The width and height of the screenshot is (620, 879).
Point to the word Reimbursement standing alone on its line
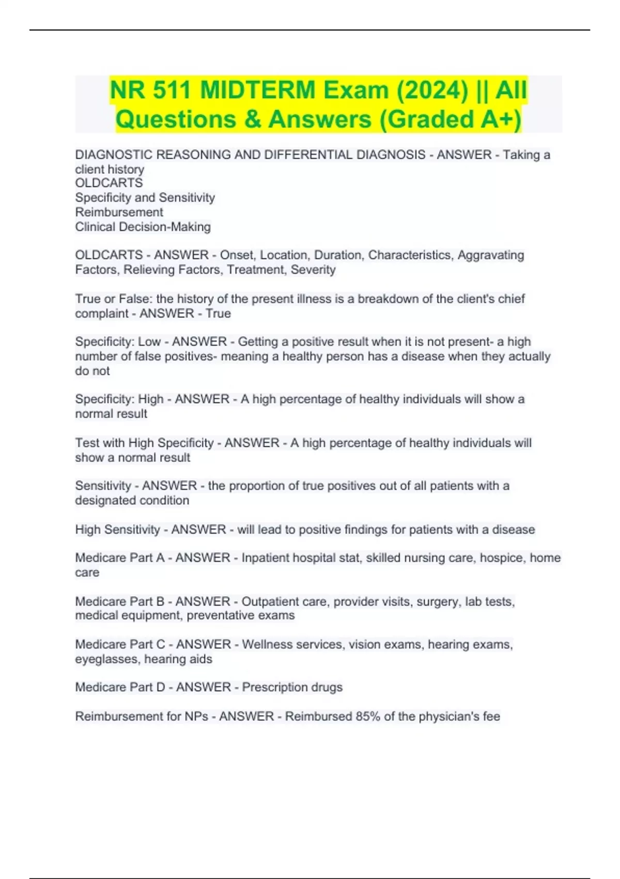point(119,212)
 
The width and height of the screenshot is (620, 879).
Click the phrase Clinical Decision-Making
point(143,226)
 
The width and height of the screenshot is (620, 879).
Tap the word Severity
point(313,269)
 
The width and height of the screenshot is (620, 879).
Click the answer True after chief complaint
point(218,313)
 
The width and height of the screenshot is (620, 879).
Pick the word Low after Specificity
point(149,342)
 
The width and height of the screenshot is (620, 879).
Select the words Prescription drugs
point(292,687)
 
